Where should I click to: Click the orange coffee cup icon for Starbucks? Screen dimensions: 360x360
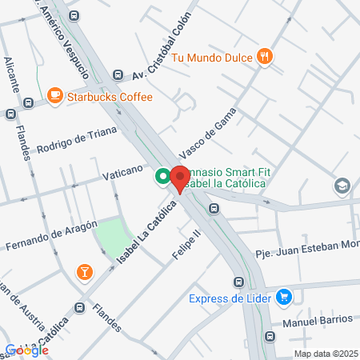(x=55, y=96)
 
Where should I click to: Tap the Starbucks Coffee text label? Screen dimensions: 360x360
(x=108, y=97)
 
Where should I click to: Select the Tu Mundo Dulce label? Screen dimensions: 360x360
(x=212, y=56)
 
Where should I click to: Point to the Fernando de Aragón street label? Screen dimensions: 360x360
(x=52, y=234)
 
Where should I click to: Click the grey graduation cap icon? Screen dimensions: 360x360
(x=342, y=186)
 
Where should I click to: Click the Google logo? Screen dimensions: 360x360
(x=26, y=350)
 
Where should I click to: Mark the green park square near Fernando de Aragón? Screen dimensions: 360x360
(x=111, y=235)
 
